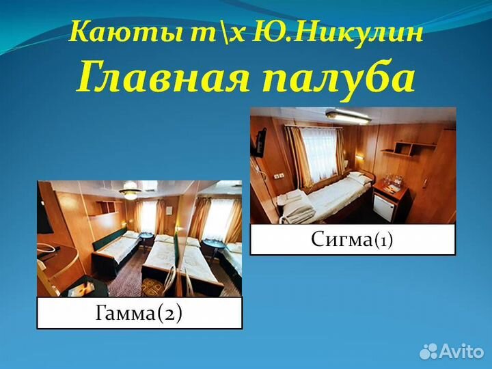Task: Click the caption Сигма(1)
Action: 352,240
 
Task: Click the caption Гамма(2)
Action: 139,313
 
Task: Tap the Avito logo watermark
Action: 451,351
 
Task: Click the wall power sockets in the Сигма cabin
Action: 279,175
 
